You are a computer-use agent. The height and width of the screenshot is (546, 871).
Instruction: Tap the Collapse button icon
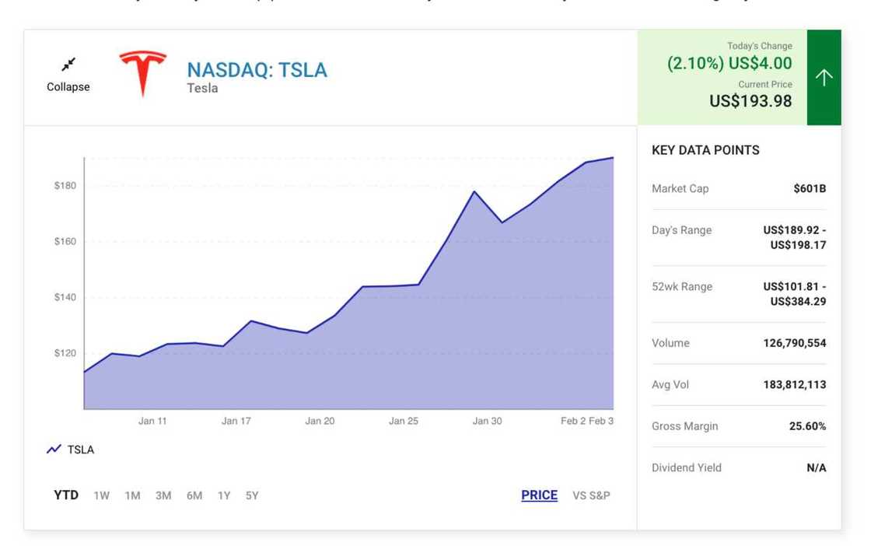pyautogui.click(x=68, y=65)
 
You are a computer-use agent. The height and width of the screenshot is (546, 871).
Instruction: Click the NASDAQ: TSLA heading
pyautogui.click(x=257, y=70)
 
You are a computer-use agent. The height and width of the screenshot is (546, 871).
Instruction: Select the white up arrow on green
pyautogui.click(x=824, y=77)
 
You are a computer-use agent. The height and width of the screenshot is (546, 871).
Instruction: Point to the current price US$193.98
pyautogui.click(x=750, y=100)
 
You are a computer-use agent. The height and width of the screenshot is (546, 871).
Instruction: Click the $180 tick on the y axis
pyautogui.click(x=65, y=185)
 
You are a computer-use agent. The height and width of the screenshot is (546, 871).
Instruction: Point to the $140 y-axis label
pyautogui.click(x=65, y=297)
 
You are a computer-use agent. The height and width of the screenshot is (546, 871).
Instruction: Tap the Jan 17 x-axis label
pyautogui.click(x=236, y=421)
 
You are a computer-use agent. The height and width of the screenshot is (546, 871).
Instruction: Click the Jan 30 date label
pyautogui.click(x=487, y=421)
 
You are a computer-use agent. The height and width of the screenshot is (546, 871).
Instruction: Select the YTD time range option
pyautogui.click(x=66, y=495)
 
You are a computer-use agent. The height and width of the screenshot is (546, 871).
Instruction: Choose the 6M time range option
pyautogui.click(x=194, y=495)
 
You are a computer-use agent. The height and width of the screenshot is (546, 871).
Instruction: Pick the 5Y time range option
pyautogui.click(x=252, y=495)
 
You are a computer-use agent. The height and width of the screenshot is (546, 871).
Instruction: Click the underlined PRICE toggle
pyautogui.click(x=539, y=495)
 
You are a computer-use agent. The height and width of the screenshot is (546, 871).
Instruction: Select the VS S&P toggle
pyautogui.click(x=591, y=495)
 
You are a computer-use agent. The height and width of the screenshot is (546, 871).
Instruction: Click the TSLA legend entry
pyautogui.click(x=71, y=450)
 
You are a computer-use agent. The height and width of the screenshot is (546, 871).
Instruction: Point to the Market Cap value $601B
pyautogui.click(x=810, y=188)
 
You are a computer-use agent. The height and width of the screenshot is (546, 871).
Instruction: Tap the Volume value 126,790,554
pyautogui.click(x=795, y=343)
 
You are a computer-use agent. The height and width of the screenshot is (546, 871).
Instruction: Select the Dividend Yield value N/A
pyautogui.click(x=817, y=467)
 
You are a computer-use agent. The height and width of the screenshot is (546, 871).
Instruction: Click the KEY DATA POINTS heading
pyautogui.click(x=705, y=150)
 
